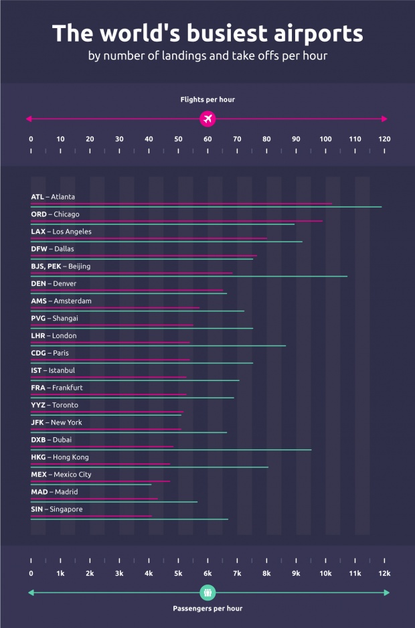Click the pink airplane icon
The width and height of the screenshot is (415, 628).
point(207,119)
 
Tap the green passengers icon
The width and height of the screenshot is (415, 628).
point(207,593)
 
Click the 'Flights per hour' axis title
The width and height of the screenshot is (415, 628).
point(207,100)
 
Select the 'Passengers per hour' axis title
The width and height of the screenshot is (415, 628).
point(207,609)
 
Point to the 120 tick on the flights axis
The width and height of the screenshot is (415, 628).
point(384,139)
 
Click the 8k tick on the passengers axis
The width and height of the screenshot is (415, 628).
point(266,573)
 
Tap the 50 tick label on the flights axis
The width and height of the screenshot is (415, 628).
point(178,139)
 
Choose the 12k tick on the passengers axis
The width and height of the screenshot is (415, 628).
point(384,573)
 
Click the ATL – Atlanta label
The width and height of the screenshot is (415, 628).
point(53,197)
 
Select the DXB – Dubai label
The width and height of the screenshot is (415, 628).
point(51,440)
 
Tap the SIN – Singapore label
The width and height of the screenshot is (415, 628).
point(57,509)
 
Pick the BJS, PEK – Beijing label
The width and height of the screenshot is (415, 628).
point(60,266)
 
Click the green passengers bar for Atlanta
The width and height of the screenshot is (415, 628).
point(206,207)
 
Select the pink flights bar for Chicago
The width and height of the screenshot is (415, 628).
point(177,220)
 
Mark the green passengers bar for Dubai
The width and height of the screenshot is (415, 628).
point(171,450)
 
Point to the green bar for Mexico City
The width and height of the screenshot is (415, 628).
point(91,484)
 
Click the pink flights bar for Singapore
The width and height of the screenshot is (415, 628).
point(91,516)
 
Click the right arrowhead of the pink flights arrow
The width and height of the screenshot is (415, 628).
point(384,119)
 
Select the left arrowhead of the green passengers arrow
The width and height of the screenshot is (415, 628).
point(30,593)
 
